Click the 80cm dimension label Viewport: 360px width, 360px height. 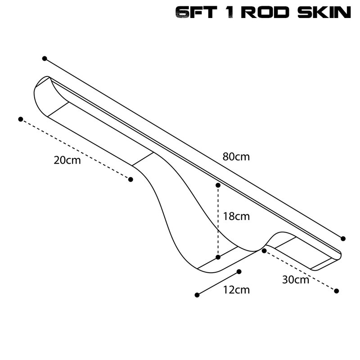pyautogui.click(x=236, y=157)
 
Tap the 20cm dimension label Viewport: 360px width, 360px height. pyautogui.click(x=67, y=160)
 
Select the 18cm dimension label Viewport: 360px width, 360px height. pyautogui.click(x=236, y=216)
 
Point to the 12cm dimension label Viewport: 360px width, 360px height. pyautogui.click(x=236, y=290)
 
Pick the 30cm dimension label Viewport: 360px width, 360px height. pyautogui.click(x=296, y=279)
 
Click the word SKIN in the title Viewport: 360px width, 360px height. pyautogui.click(x=324, y=12)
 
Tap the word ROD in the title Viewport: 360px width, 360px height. pyautogui.click(x=265, y=12)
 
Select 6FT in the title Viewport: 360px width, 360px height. pyautogui.click(x=196, y=12)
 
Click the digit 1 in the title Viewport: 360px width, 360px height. pyautogui.click(x=229, y=12)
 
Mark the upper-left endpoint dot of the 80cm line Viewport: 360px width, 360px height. pyautogui.click(x=45, y=58)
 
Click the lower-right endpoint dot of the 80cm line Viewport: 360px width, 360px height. pyautogui.click(x=343, y=238)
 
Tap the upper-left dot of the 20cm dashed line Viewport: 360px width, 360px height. pyautogui.click(x=21, y=119)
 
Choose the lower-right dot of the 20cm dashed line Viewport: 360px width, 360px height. pyautogui.click(x=130, y=179)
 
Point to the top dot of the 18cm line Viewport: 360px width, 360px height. pyautogui.click(x=218, y=185)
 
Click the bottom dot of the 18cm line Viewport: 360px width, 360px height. pyautogui.click(x=218, y=257)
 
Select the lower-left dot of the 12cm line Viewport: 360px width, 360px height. pyautogui.click(x=197, y=295)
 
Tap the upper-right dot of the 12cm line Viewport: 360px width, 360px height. pyautogui.click(x=239, y=272)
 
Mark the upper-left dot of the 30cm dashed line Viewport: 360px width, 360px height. pyautogui.click(x=264, y=251)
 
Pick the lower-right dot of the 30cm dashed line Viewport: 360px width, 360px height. pyautogui.click(x=336, y=291)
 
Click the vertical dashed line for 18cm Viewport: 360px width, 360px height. pyautogui.click(x=218, y=221)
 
